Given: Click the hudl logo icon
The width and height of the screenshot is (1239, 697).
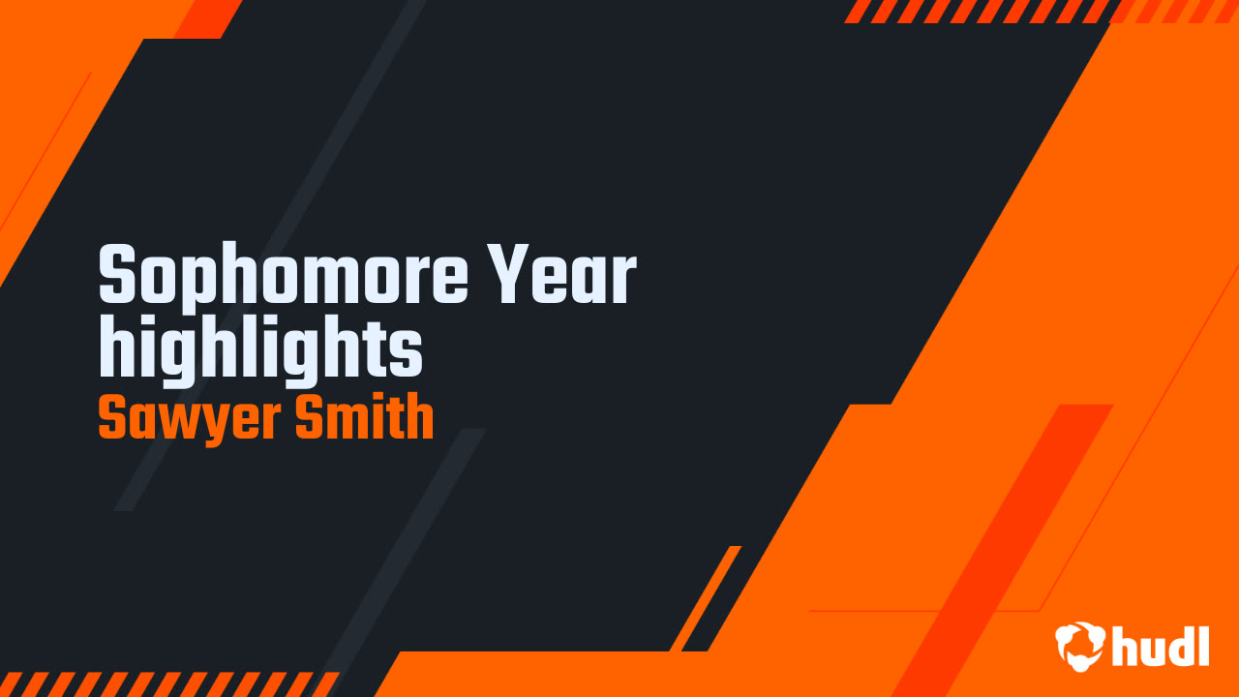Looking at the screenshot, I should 1080,646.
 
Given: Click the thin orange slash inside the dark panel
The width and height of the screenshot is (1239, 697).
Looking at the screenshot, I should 705,598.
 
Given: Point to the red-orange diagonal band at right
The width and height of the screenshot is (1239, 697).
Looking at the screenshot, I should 1007,542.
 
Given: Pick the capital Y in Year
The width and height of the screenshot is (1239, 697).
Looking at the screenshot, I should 508,276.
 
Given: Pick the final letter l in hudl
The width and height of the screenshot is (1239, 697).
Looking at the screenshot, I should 1203,645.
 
